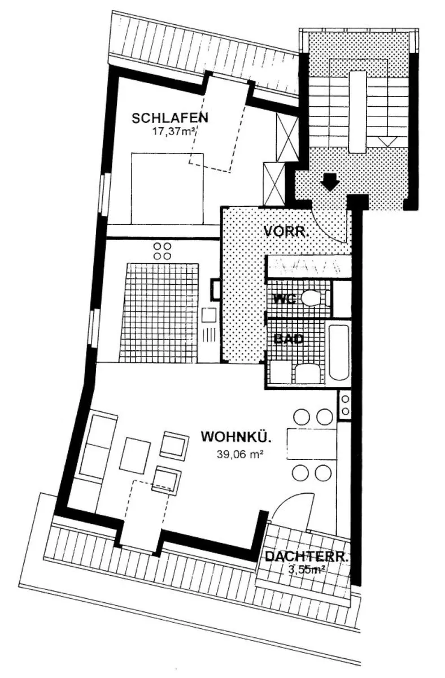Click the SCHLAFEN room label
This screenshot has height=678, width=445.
[170, 118]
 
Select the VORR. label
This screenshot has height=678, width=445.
[286, 232]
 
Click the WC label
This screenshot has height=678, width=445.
[285, 299]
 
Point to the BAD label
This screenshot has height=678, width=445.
[289, 338]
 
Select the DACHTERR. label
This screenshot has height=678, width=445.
[307, 557]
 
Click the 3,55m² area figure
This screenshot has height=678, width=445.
[307, 570]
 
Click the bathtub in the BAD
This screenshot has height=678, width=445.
[339, 353]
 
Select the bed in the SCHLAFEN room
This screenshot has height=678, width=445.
[167, 188]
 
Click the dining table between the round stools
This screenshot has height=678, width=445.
[312, 444]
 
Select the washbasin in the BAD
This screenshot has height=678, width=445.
[308, 375]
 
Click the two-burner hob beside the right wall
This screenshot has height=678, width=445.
[345, 405]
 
